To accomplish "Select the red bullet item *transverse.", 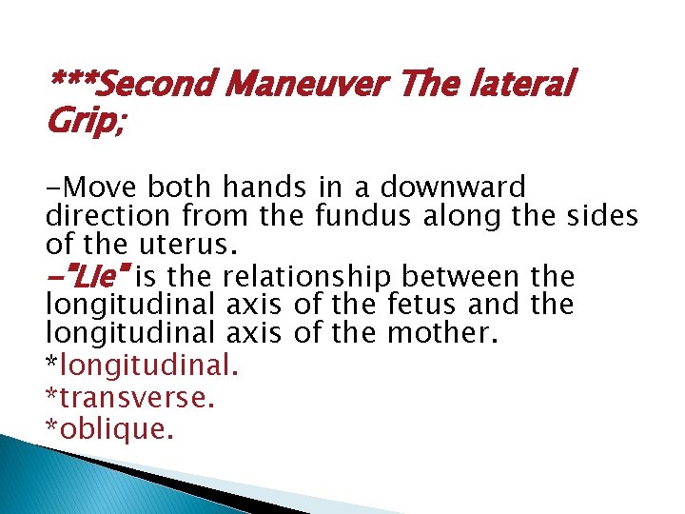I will pos(130,397).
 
